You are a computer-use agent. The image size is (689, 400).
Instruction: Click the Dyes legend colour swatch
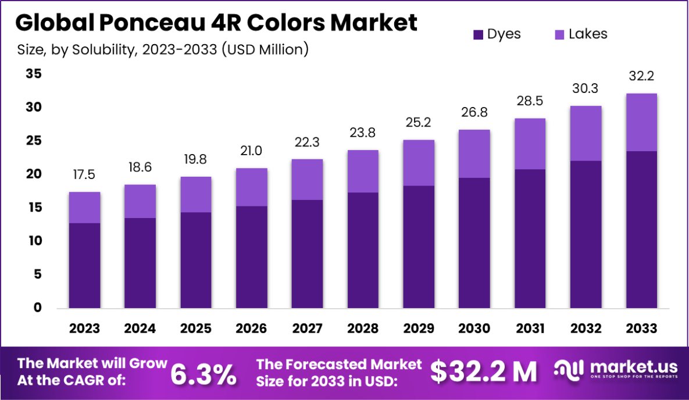479,34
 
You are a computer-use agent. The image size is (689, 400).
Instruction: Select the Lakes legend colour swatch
559,34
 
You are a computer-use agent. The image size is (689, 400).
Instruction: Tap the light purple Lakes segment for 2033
641,122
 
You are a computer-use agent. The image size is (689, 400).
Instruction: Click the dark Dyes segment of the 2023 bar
84,265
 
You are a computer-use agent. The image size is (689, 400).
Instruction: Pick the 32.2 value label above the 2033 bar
641,76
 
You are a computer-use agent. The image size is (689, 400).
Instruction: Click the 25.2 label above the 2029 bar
419,123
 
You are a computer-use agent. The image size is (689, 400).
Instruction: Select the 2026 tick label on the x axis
252,328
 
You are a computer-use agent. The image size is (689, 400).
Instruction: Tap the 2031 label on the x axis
530,328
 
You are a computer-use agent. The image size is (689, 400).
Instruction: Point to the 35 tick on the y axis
34,74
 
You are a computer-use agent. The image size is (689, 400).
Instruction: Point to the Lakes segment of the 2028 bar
363,171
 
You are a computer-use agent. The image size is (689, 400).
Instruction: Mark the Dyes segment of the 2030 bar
474,242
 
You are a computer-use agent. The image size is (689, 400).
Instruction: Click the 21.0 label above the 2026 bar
252,151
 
